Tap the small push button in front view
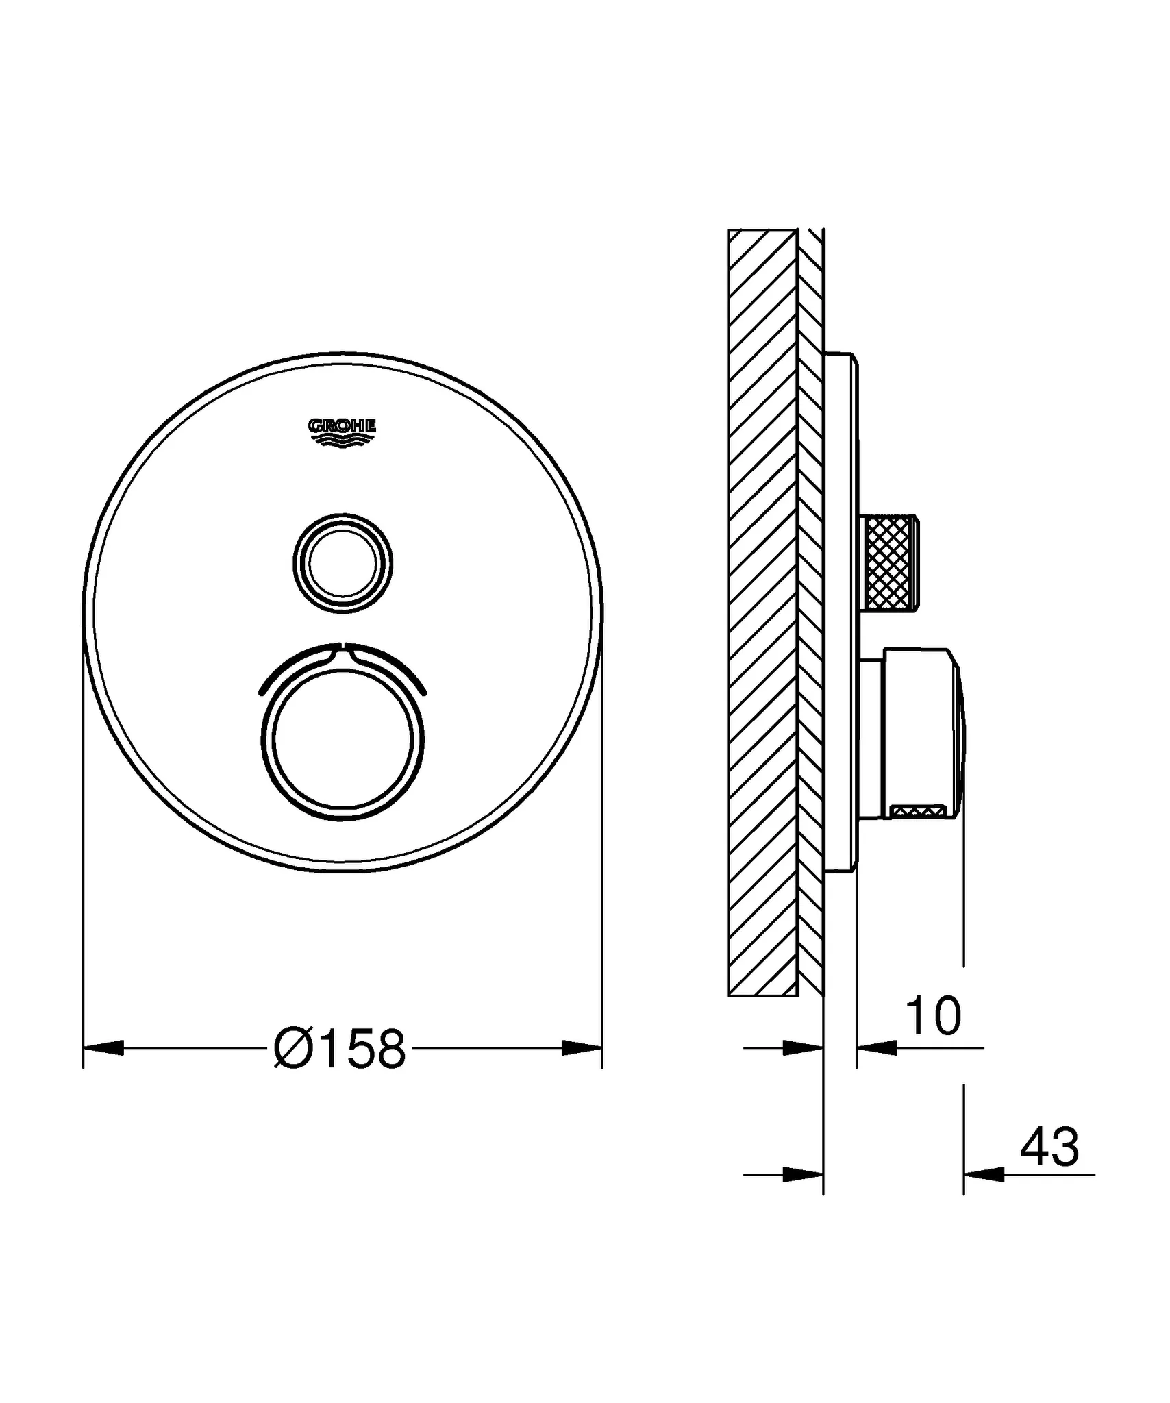click(x=343, y=563)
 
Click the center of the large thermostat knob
click(x=343, y=738)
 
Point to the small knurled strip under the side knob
click(x=918, y=812)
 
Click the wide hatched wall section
click(x=762, y=617)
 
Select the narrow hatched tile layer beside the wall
click(x=810, y=617)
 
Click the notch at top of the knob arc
click(x=343, y=648)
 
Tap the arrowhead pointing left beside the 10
click(x=877, y=1047)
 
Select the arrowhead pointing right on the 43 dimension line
click(x=802, y=1175)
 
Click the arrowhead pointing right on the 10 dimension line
click(x=802, y=1047)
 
